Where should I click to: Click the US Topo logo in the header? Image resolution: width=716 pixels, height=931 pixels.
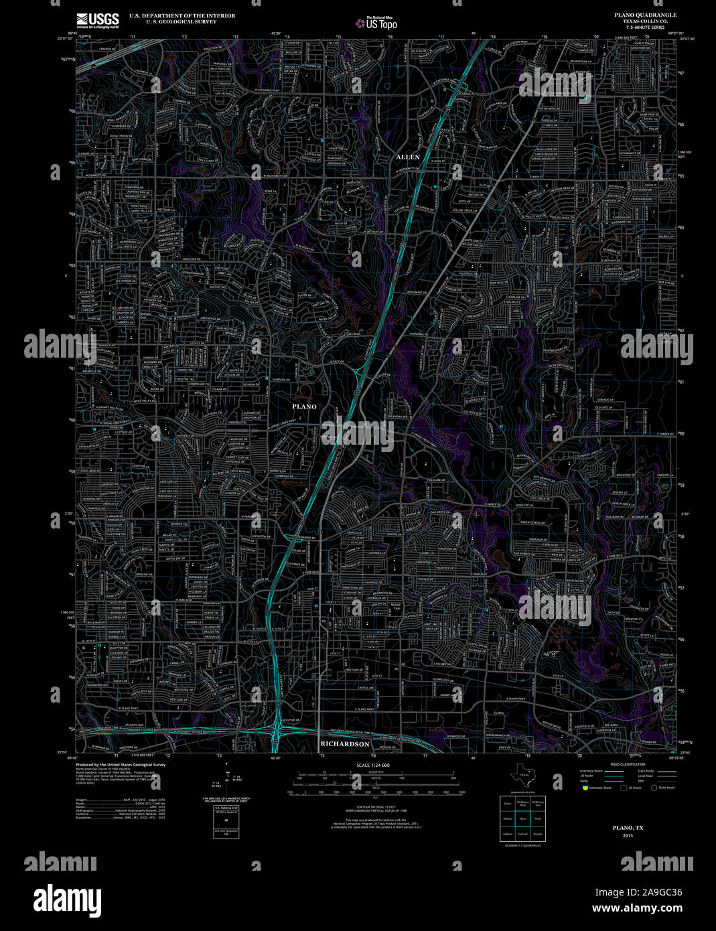pyautogui.click(x=376, y=24)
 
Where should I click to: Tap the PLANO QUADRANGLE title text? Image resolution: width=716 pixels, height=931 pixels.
pyautogui.click(x=644, y=15)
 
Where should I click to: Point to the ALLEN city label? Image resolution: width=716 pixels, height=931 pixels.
pyautogui.click(x=408, y=157)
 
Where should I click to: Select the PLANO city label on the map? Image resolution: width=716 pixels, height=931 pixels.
pyautogui.click(x=304, y=407)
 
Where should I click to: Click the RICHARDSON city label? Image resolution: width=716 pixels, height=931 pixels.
pyautogui.click(x=345, y=744)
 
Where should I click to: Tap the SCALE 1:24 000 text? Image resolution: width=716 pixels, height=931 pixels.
pyautogui.click(x=373, y=765)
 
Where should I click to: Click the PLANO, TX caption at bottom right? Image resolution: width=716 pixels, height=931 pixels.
pyautogui.click(x=628, y=828)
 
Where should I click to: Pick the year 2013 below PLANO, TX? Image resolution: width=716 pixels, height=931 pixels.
pyautogui.click(x=628, y=835)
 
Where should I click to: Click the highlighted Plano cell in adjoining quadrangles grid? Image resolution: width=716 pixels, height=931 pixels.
pyautogui.click(x=523, y=818)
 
